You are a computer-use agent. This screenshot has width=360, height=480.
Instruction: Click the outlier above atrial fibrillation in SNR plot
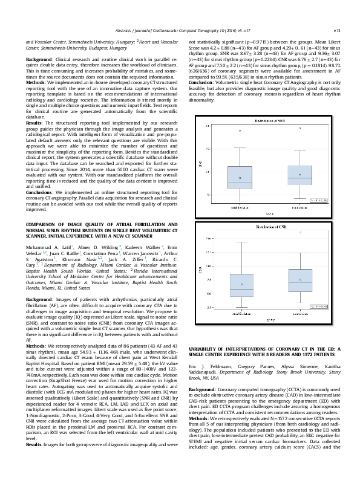[240, 130]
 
